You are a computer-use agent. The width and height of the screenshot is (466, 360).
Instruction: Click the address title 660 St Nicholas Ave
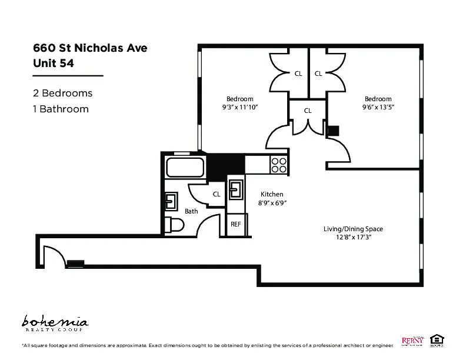tap(90, 48)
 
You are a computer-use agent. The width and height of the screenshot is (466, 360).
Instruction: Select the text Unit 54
tap(54, 64)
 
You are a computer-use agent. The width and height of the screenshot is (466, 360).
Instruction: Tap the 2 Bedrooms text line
tap(62, 93)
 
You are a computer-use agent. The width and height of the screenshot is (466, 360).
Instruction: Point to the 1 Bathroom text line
tap(61, 109)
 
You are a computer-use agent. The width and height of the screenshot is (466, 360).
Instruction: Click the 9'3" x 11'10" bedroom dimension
tap(240, 108)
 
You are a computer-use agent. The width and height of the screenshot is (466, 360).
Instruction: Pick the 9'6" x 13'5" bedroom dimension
tap(377, 108)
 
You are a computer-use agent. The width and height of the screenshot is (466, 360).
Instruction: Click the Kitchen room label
tap(272, 194)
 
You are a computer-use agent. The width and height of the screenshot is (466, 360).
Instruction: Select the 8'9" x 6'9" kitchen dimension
tap(272, 203)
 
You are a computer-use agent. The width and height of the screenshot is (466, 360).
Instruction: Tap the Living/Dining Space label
tap(353, 229)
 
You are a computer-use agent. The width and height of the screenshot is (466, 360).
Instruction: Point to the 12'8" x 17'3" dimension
tap(353, 238)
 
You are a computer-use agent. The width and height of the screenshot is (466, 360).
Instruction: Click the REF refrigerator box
tap(236, 224)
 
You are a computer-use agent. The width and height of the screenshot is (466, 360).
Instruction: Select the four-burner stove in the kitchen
tap(278, 165)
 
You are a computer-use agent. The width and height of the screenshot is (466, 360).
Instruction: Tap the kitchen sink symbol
tap(235, 189)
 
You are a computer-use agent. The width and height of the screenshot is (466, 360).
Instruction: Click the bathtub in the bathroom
tap(185, 167)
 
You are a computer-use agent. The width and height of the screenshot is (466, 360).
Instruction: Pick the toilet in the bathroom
tap(174, 225)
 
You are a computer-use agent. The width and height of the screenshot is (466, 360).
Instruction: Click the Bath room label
tap(191, 211)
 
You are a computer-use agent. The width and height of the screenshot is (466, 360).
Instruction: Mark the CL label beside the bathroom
tap(216, 194)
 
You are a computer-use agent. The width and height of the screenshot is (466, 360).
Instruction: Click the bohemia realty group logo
tap(55, 323)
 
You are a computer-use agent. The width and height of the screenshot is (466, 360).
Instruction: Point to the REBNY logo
tap(413, 340)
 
